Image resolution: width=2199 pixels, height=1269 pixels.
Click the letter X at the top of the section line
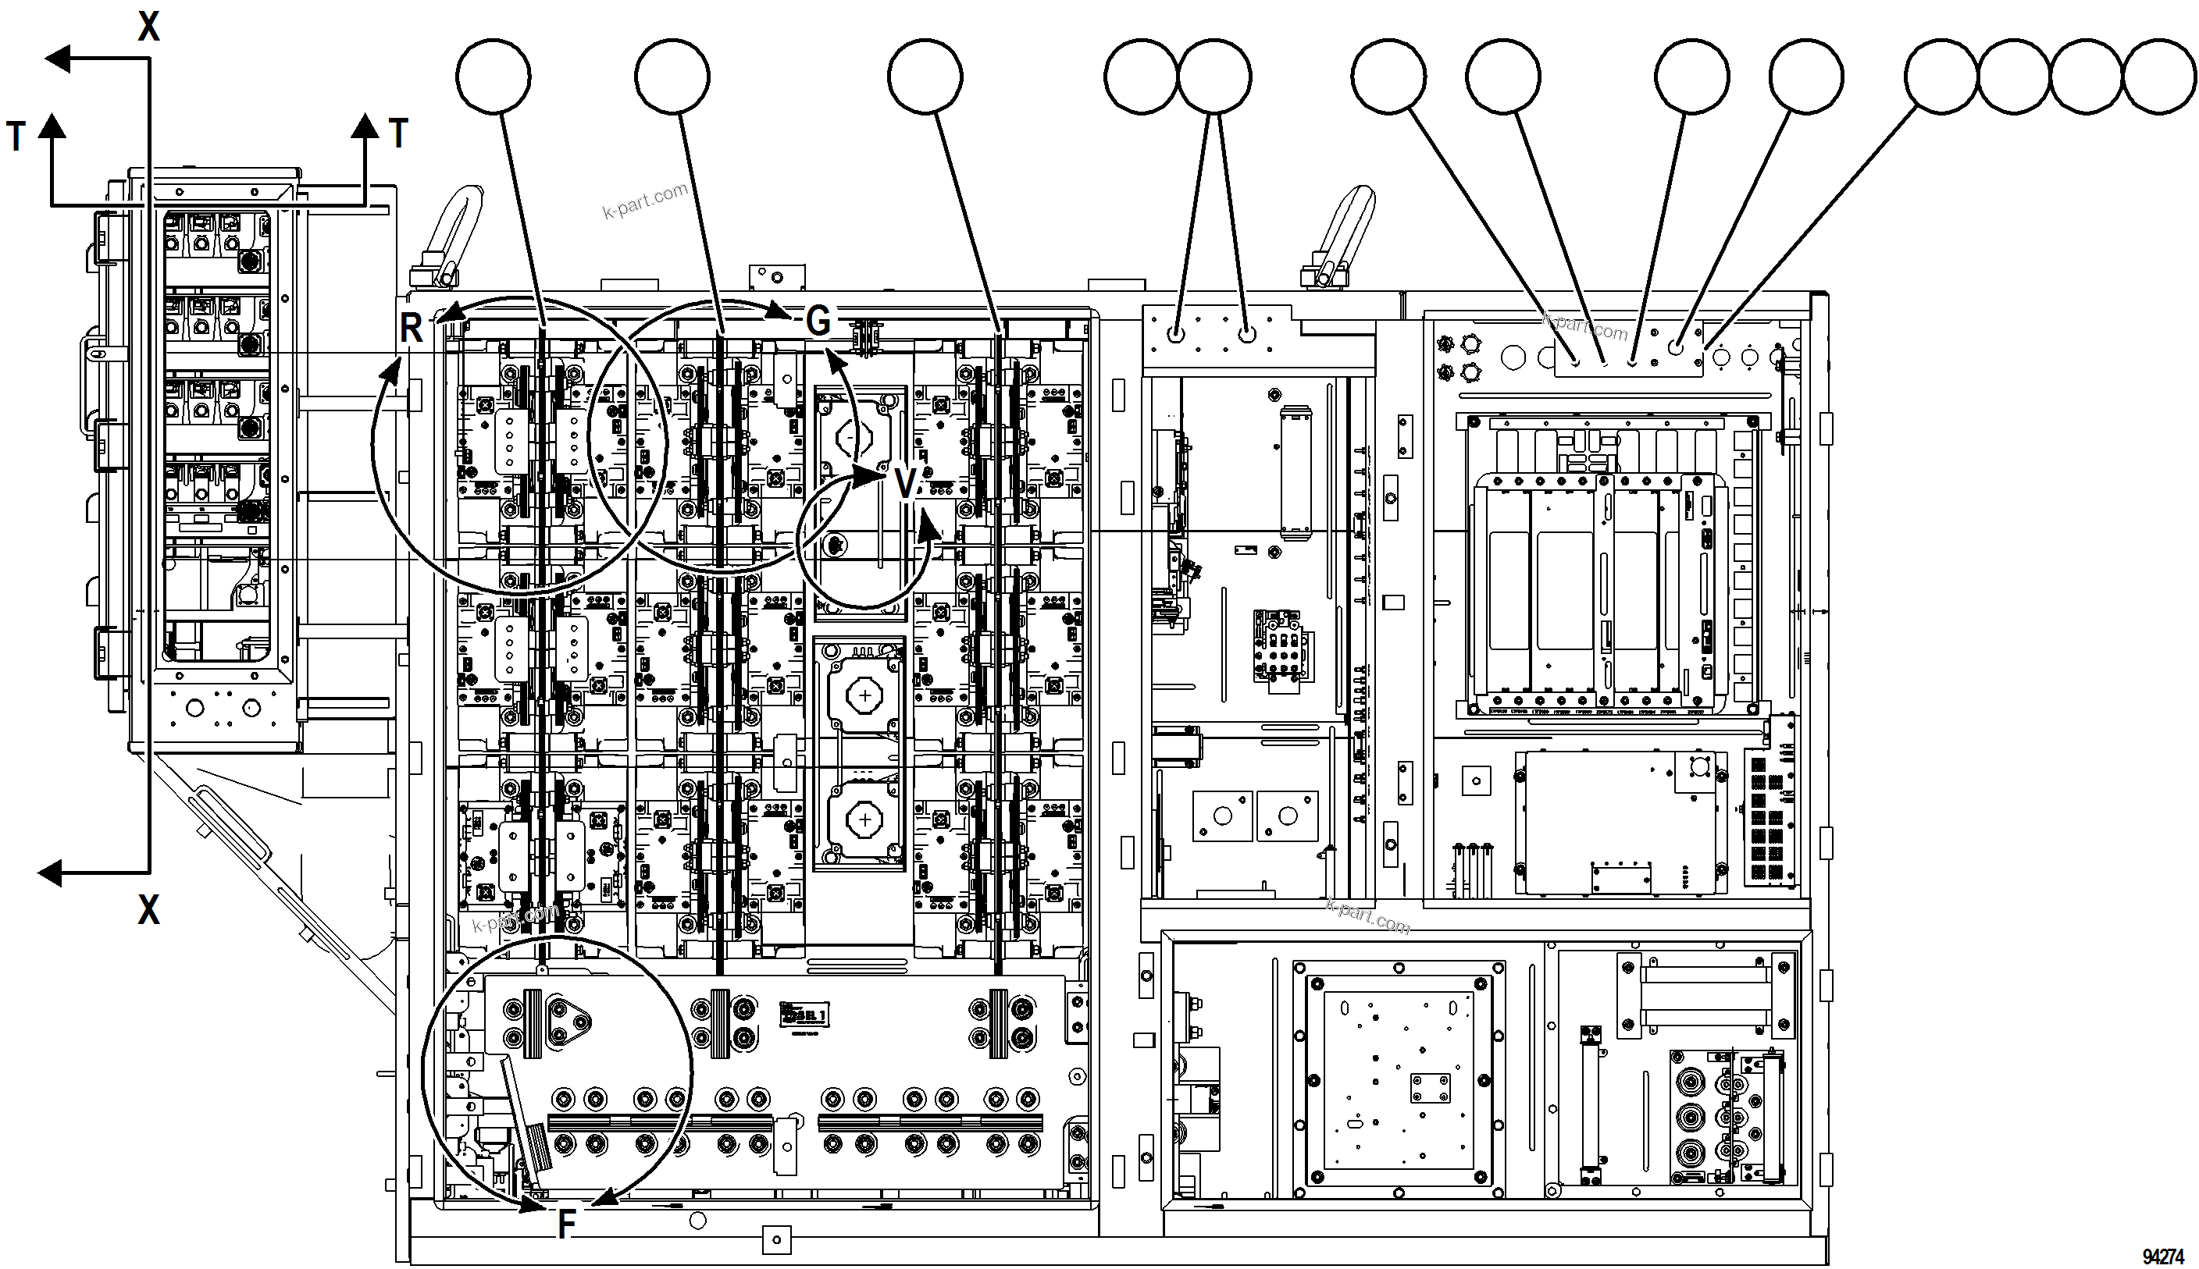[x=149, y=27]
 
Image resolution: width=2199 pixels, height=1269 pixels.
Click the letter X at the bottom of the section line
[x=149, y=910]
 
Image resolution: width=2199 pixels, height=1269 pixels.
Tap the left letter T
[x=16, y=137]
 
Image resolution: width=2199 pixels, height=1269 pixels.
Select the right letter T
[x=398, y=133]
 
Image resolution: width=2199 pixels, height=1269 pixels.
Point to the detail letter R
[x=411, y=329]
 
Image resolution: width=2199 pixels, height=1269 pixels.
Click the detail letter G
[x=818, y=321]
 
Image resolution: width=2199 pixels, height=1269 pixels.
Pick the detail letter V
[x=906, y=484]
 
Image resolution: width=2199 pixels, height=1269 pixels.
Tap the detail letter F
[x=567, y=1225]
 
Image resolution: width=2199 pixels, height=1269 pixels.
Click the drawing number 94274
[x=2162, y=1256]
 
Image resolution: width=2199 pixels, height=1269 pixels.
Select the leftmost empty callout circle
[x=493, y=76]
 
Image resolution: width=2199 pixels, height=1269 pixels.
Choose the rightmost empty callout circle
[x=2159, y=76]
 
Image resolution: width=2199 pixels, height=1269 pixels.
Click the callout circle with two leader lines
[x=1214, y=76]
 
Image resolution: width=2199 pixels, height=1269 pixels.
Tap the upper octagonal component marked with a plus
[x=863, y=695]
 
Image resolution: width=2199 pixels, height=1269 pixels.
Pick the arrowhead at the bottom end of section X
[x=51, y=873]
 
